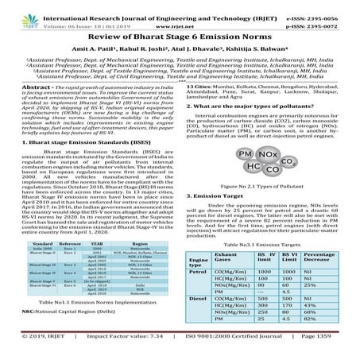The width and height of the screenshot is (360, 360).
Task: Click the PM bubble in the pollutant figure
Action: pyautogui.click(x=248, y=129)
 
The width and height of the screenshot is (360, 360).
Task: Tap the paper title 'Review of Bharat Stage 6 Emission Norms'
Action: pyautogui.click(x=180, y=35)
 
